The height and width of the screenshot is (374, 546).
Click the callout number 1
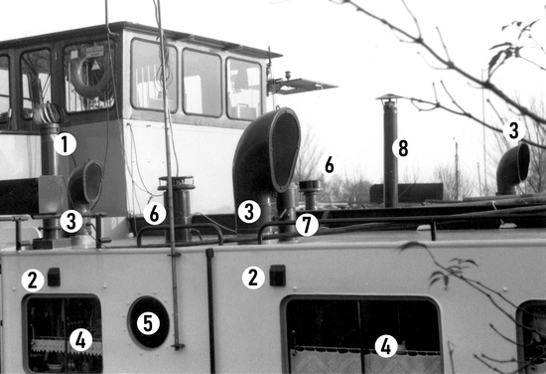click(x=66, y=144)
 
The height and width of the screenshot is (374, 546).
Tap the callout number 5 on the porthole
click(x=148, y=323)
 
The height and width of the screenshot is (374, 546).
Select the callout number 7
click(x=307, y=225)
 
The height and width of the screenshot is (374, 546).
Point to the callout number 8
click(x=403, y=148)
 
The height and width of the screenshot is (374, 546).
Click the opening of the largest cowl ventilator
click(x=286, y=150)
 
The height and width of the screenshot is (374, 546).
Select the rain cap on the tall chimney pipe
click(x=389, y=97)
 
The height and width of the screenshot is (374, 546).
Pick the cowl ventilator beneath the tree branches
click(x=512, y=169)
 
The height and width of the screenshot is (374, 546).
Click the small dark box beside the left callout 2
click(x=54, y=277)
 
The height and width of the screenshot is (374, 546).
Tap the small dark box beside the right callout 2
click(x=278, y=276)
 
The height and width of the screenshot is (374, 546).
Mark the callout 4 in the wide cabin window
click(x=386, y=346)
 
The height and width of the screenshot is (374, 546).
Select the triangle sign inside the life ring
click(x=95, y=65)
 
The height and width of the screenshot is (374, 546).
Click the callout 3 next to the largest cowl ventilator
click(x=249, y=212)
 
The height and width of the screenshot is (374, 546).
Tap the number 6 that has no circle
click(x=329, y=165)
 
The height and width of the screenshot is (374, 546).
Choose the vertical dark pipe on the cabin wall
click(x=210, y=310)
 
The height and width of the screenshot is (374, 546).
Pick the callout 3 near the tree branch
click(x=513, y=130)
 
